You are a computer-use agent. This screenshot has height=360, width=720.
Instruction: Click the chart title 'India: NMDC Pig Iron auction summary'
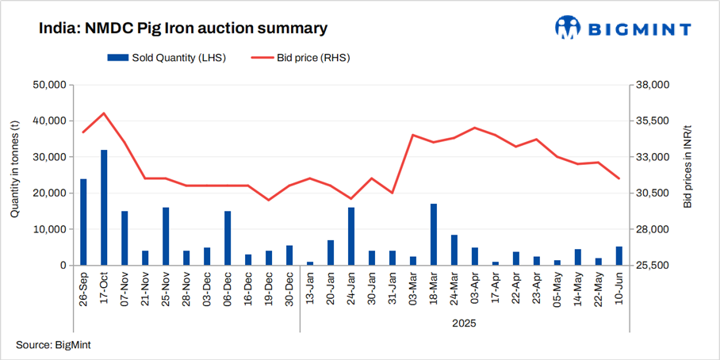[x=183, y=29]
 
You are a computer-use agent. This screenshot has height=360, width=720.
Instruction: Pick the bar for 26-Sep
[x=83, y=222]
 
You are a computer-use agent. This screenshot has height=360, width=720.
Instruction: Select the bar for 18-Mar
[x=434, y=235]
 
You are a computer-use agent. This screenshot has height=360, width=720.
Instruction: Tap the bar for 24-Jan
[x=351, y=236]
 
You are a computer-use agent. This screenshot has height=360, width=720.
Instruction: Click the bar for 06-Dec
[x=228, y=238]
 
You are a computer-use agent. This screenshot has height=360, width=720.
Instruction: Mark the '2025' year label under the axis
[x=465, y=324]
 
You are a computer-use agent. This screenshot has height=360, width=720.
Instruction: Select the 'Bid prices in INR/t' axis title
[x=687, y=167]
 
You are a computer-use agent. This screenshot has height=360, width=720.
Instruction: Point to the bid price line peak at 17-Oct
[x=104, y=113]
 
